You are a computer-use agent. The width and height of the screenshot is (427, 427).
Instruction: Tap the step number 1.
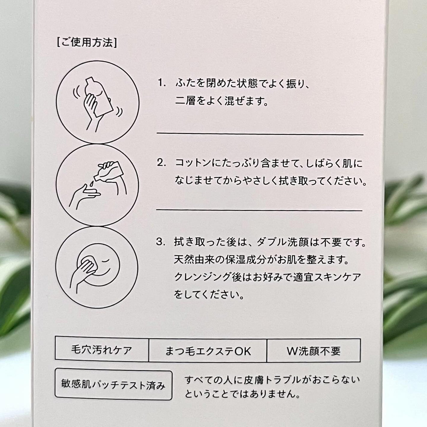[x=162, y=83]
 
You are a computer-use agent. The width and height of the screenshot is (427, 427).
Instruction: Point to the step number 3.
[x=161, y=242]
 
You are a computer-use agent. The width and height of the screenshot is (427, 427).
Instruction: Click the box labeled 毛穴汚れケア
[x=102, y=350]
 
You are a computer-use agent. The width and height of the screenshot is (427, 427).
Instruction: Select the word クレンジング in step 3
[x=201, y=277]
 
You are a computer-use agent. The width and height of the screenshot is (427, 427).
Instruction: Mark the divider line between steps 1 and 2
[x=260, y=134]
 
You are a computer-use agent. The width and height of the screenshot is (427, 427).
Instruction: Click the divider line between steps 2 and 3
[x=259, y=210]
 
